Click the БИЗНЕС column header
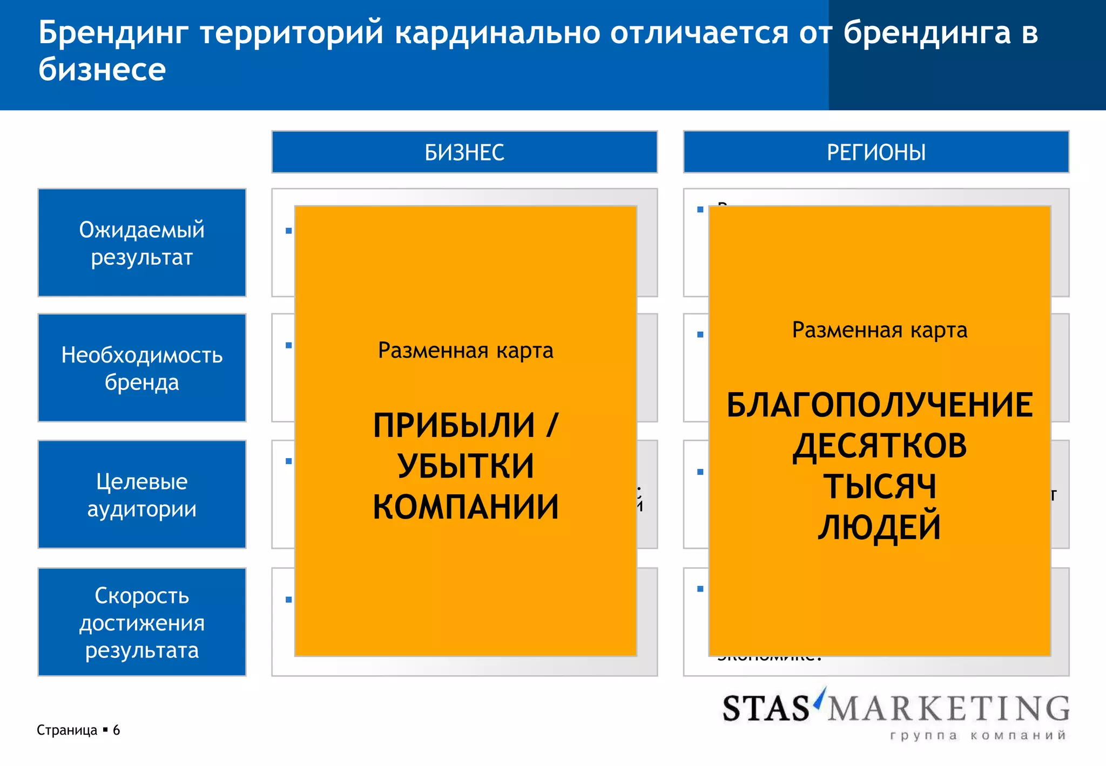tap(464, 152)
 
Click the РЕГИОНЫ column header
tap(876, 152)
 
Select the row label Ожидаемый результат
tap(142, 243)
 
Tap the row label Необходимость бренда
tap(142, 368)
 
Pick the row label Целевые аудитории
tap(142, 494)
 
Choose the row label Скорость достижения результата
tap(142, 622)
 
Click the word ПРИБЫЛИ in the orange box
tap(454, 425)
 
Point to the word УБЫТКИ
tap(466, 466)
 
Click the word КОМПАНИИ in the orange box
tap(466, 507)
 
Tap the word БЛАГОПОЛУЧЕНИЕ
tap(879, 405)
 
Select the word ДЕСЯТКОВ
tap(879, 446)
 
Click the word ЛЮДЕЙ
tap(879, 527)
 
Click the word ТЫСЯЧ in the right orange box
tap(879, 486)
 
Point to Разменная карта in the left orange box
tap(466, 351)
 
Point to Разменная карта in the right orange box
tap(879, 330)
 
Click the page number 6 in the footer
tap(116, 730)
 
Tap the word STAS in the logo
tap(766, 708)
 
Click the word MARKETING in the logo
tap(948, 708)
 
